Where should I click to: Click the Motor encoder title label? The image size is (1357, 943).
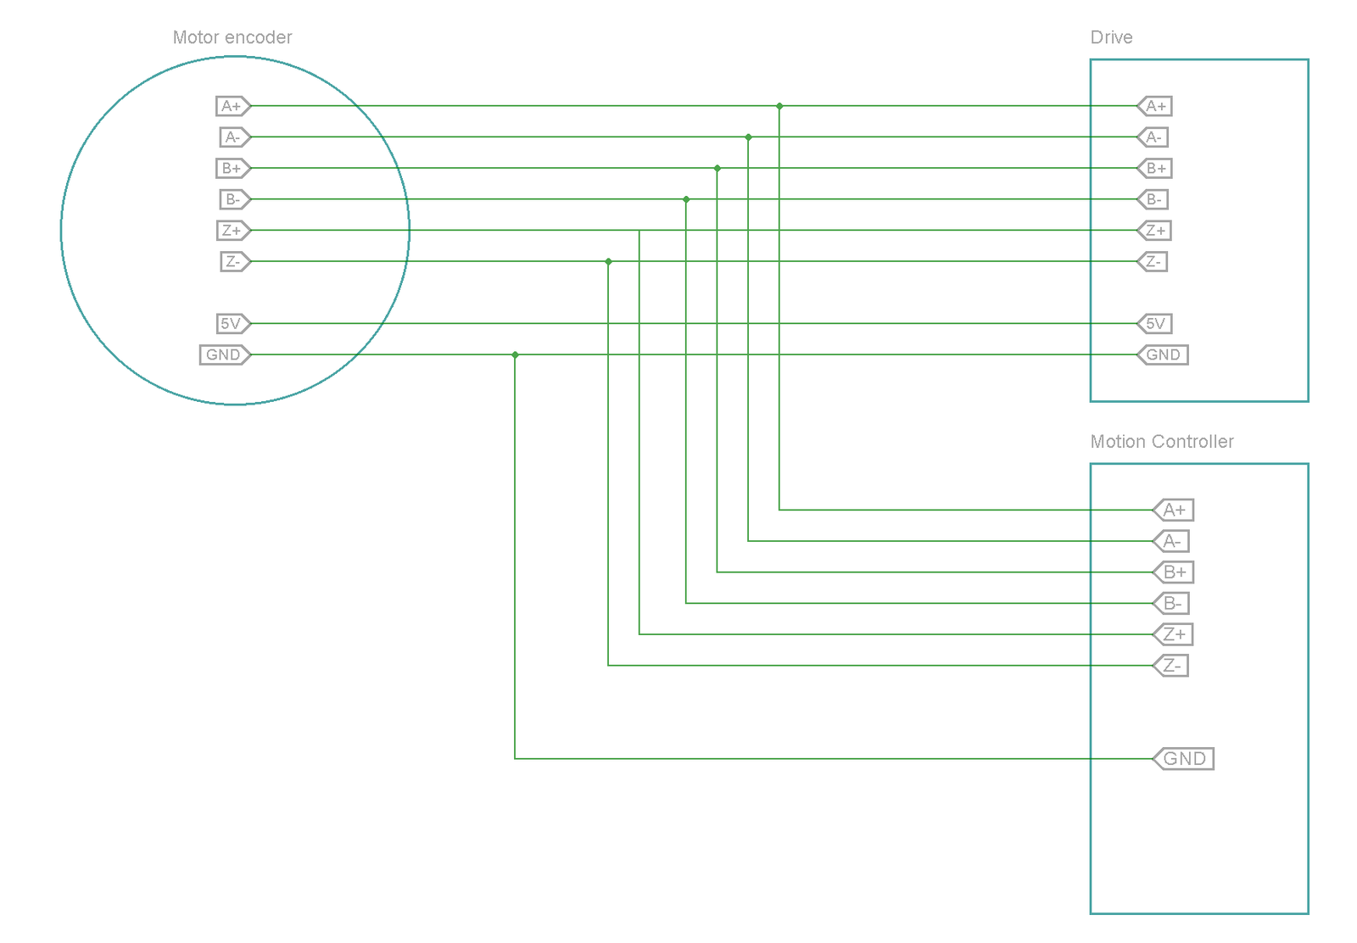(x=232, y=37)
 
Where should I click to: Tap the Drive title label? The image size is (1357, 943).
(x=1111, y=37)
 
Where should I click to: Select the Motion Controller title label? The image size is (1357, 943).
(x=1161, y=442)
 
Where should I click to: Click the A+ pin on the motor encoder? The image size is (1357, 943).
(x=232, y=106)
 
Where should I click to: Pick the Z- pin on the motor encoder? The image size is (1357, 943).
(x=234, y=261)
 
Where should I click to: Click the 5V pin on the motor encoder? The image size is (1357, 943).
(x=232, y=324)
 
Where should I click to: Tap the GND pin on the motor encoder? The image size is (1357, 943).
(x=225, y=354)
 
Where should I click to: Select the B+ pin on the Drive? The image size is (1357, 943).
(x=1155, y=168)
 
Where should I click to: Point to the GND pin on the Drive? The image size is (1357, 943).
(x=1162, y=354)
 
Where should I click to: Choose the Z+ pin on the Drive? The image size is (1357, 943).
(x=1155, y=231)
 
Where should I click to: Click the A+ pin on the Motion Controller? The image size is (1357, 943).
(x=1174, y=510)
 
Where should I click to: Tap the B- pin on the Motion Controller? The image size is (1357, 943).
(x=1171, y=603)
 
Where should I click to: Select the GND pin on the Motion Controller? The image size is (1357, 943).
(x=1183, y=758)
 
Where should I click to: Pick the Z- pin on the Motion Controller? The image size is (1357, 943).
(x=1171, y=666)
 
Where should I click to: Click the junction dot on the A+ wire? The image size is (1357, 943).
(x=779, y=106)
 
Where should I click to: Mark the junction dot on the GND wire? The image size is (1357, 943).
(x=515, y=354)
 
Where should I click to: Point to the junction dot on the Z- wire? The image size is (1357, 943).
(x=608, y=261)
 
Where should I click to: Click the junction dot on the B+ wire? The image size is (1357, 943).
(x=718, y=168)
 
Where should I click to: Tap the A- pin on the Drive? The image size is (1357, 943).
(x=1153, y=137)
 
